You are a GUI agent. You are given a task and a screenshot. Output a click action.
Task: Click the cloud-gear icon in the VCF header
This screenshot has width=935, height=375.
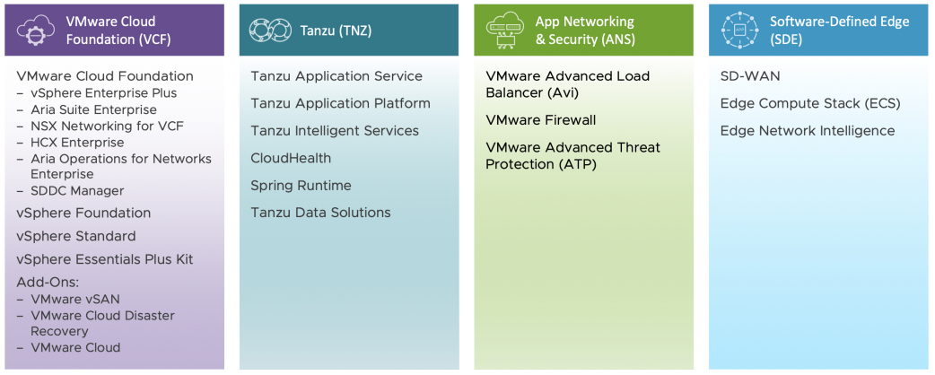[36, 31]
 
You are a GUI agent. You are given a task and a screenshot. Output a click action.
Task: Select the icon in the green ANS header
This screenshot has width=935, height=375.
[504, 31]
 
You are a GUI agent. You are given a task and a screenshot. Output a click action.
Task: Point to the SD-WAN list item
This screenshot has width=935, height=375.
[749, 76]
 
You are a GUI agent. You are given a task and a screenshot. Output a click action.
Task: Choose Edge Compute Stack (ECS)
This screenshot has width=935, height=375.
[809, 103]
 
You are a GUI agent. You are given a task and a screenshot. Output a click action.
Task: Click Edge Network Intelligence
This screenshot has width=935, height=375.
[807, 131]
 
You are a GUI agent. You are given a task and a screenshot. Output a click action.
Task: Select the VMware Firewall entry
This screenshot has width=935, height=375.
[540, 120]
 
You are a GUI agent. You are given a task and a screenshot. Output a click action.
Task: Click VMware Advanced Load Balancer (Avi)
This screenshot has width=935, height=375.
[567, 84]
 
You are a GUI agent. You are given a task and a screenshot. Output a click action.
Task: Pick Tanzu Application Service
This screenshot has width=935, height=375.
[336, 76]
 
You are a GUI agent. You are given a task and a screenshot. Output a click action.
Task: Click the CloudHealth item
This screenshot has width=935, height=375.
[291, 158]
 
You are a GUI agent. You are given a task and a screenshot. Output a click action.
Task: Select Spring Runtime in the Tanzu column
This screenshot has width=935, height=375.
[301, 186]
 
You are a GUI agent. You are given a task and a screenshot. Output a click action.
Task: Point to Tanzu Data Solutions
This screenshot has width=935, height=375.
[320, 213]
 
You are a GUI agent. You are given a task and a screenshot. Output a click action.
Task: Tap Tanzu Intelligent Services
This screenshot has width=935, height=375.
[334, 131]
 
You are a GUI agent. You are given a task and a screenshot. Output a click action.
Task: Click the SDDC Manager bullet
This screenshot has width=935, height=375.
[77, 191]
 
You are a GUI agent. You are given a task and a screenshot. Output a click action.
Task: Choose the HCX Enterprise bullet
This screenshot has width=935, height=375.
[77, 143]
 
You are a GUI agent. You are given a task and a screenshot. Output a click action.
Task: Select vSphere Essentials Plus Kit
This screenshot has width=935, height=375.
[104, 259]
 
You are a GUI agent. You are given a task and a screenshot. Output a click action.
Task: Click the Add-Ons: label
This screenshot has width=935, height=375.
[47, 283]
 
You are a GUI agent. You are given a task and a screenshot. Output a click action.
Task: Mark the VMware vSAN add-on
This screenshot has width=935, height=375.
[75, 300]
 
